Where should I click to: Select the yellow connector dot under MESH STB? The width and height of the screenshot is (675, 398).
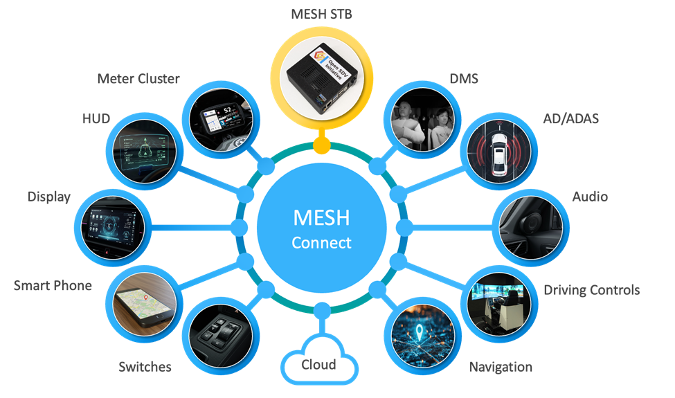click(321, 145)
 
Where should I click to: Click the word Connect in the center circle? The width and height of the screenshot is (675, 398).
click(321, 243)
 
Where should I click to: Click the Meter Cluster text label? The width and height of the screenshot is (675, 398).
click(138, 79)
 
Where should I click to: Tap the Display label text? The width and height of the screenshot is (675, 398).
click(49, 197)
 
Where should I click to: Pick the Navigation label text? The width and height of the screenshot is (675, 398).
click(500, 367)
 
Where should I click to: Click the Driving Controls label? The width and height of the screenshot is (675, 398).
click(591, 289)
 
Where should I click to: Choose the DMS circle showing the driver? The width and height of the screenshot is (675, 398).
click(422, 117)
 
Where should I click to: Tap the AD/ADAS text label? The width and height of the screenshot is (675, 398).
click(571, 119)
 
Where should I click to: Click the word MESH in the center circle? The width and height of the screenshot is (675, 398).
click(321, 218)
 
